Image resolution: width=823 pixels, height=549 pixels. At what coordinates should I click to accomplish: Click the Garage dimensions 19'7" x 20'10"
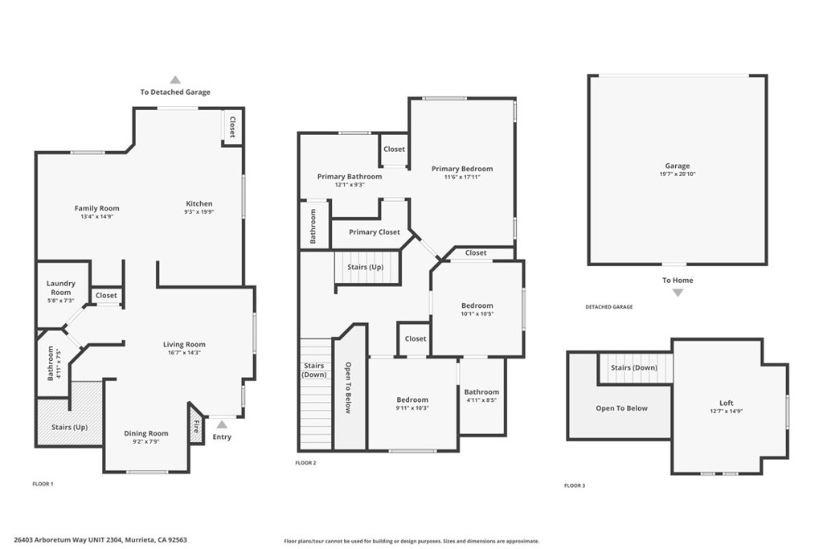[x=678, y=174]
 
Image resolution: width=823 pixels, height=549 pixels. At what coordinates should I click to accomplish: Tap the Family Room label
[x=96, y=208]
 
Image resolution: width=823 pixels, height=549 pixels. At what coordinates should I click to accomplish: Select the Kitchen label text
[x=199, y=203]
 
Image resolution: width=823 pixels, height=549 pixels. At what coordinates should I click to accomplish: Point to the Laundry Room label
[x=61, y=288]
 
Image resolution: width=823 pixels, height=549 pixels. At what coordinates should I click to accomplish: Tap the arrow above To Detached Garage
[x=175, y=80]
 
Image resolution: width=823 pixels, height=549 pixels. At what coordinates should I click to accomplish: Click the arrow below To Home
[x=678, y=293]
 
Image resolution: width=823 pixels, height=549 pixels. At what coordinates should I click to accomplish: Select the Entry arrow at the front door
[x=222, y=424]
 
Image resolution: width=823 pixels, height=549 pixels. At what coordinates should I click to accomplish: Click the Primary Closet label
[x=374, y=232]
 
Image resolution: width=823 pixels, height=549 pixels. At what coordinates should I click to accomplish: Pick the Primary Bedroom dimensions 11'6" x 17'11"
[x=462, y=178]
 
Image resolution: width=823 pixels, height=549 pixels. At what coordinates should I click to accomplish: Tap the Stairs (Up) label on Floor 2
[x=366, y=267]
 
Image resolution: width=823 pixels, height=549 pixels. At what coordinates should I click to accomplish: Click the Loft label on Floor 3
[x=726, y=403]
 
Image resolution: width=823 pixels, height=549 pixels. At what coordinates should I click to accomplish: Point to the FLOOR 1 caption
[x=43, y=484]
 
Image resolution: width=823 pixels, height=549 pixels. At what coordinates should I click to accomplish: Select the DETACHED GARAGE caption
[x=608, y=307]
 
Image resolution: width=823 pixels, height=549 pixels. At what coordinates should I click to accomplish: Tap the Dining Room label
[x=146, y=433]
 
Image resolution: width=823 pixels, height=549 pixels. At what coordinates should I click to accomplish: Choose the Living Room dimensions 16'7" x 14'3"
[x=184, y=353]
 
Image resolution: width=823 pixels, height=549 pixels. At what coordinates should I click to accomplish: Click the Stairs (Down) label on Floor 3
[x=633, y=367]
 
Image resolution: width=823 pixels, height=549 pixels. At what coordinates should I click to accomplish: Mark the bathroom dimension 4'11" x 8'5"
[x=481, y=400]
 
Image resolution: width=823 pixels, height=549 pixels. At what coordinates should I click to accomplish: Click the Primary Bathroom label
[x=350, y=176]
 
